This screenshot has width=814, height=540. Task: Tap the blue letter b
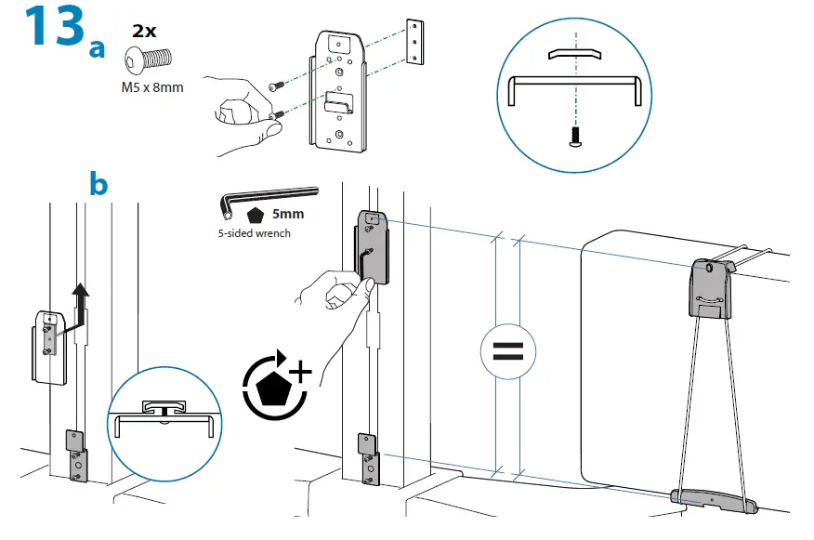[x=97, y=183]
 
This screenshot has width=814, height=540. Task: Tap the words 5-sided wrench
[x=254, y=232]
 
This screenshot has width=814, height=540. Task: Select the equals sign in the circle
[x=506, y=352]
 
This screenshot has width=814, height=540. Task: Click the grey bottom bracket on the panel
[x=712, y=500]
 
